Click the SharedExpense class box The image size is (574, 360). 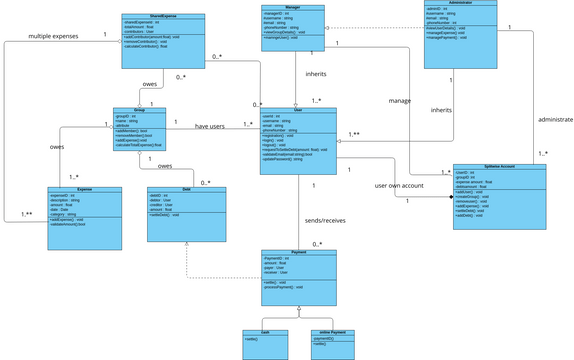163,40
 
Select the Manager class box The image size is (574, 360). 295,27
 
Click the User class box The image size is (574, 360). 298,140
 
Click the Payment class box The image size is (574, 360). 299,277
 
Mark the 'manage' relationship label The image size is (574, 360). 401,101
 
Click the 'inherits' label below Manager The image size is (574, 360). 317,73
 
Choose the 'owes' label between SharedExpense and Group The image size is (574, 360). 149,85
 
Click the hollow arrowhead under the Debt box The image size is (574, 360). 187,275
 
